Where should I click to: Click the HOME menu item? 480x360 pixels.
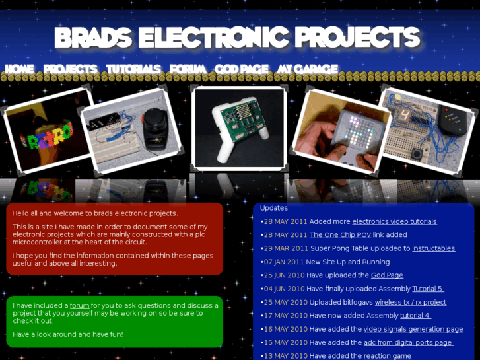19,69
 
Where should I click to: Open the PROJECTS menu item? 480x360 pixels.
70,69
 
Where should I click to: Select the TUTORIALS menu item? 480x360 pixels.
133,69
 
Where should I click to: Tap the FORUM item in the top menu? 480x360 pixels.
188,69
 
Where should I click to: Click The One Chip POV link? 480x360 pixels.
340,234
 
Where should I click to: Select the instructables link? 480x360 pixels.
433,248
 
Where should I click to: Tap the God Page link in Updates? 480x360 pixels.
387,275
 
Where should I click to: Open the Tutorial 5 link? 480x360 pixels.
428,289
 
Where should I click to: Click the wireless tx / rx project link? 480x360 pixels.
411,302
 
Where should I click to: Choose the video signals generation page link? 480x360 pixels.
413,329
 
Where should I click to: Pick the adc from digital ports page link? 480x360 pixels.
408,342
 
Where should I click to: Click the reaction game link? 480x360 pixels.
387,356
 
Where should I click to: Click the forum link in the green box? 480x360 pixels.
79,305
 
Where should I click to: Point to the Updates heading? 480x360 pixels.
273,208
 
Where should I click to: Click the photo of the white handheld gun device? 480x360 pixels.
240,127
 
